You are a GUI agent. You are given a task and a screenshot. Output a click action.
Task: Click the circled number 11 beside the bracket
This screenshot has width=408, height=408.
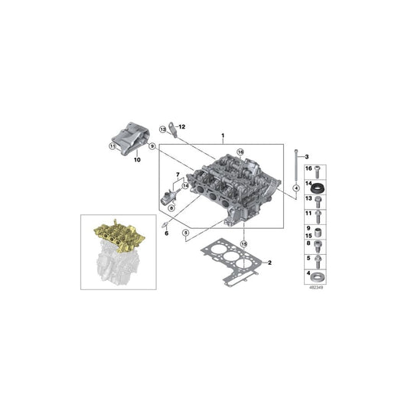[113, 146]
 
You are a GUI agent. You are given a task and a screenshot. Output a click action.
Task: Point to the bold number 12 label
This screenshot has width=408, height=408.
[182, 126]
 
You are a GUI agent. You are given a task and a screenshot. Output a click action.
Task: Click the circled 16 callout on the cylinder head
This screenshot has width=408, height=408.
[239, 153]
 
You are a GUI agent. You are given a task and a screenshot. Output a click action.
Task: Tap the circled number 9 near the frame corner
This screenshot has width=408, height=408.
[152, 146]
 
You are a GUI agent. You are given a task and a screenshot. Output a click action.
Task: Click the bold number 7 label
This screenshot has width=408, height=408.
[178, 176]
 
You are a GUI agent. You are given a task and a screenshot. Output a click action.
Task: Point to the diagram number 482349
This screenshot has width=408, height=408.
[315, 289]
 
